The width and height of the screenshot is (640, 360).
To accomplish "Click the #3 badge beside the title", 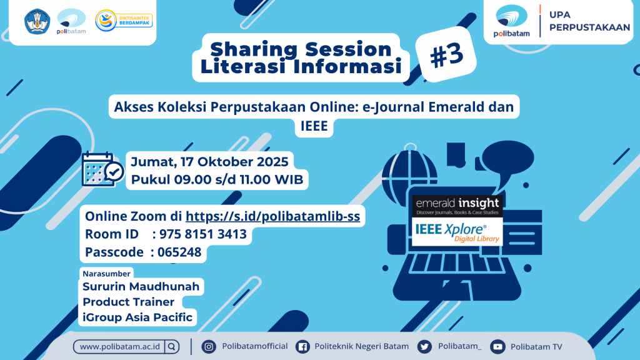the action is (x=446, y=54).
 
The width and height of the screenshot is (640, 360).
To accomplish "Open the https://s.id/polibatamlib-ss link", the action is (x=272, y=216).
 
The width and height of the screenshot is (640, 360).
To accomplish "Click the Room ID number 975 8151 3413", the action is (x=203, y=234).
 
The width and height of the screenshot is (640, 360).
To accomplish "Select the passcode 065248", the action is (x=179, y=252).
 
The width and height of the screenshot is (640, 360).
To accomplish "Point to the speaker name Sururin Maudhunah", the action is (x=141, y=286).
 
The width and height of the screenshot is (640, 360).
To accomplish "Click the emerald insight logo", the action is (x=457, y=206).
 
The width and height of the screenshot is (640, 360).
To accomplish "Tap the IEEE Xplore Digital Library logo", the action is (x=457, y=232).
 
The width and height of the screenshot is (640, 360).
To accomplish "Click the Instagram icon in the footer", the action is (x=209, y=347).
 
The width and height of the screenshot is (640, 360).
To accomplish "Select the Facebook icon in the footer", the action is (x=302, y=347).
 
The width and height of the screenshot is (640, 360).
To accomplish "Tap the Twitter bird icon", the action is (x=424, y=347).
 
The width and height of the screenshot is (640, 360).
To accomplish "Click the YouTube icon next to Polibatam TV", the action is (x=497, y=347).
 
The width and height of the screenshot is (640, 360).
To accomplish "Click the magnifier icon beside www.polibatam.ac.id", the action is (x=172, y=347).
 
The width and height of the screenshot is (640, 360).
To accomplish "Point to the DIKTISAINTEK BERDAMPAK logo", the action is (x=124, y=21).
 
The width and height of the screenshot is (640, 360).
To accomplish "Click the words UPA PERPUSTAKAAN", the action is (x=589, y=21).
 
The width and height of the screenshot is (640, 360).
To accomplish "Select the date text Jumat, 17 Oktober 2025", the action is (x=209, y=162).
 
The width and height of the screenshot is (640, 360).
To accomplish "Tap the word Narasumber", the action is (x=106, y=274).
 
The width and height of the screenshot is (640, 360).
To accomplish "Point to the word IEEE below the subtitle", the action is (x=314, y=126).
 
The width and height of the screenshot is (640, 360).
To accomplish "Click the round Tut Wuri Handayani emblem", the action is (x=37, y=21).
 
